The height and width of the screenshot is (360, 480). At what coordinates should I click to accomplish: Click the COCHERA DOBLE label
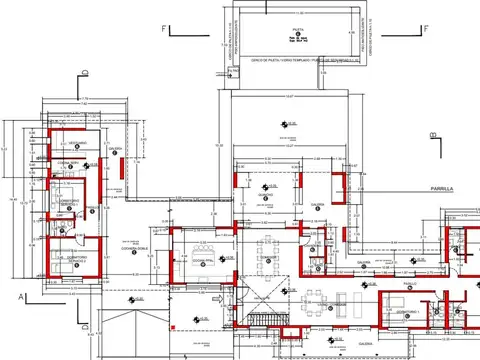[136, 249]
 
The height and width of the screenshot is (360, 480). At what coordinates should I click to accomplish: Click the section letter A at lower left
[19, 297]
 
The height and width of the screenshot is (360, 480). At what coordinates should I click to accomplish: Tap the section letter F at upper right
[424, 29]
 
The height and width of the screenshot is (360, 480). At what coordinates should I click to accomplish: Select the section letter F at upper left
[162, 29]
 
